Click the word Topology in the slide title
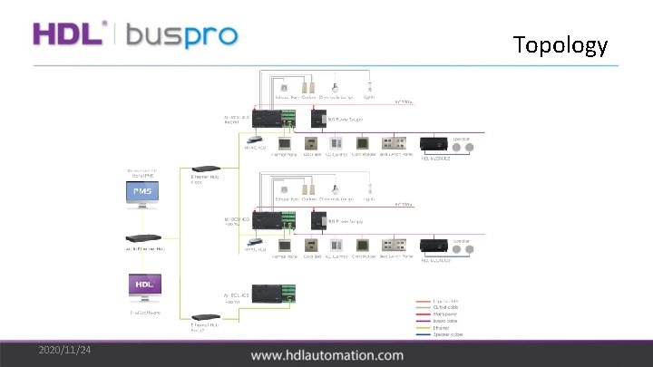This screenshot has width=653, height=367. click(560, 44)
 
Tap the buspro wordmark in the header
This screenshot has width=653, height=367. click(181, 36)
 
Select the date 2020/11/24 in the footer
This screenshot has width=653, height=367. click(64, 351)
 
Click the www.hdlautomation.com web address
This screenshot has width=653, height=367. click(327, 355)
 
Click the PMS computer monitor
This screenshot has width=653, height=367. click(144, 194)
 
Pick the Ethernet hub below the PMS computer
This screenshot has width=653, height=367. click(144, 243)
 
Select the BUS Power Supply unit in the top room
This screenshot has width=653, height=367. click(319, 118)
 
